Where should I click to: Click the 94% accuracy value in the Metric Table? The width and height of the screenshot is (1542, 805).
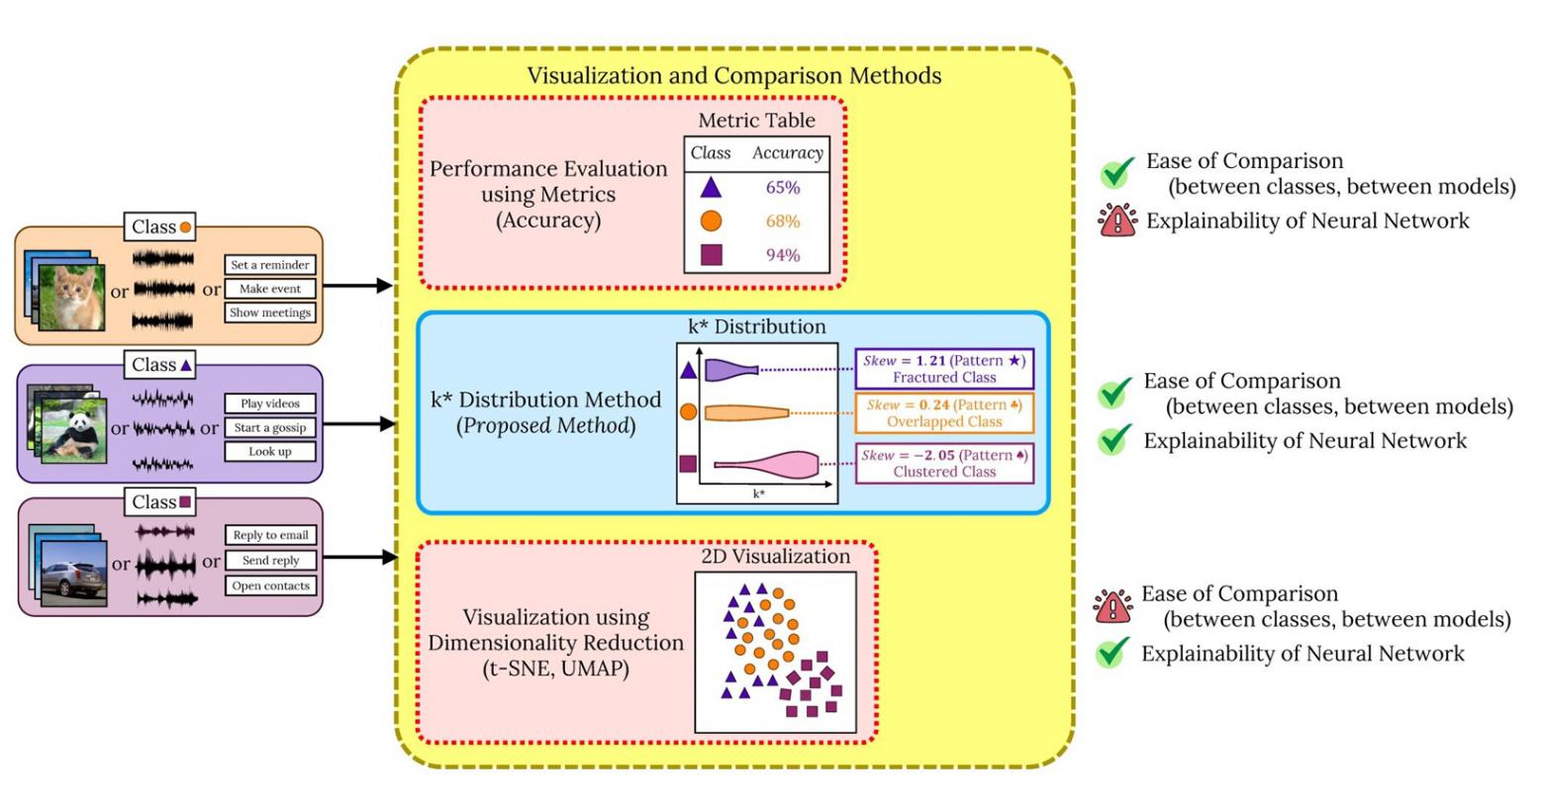(782, 255)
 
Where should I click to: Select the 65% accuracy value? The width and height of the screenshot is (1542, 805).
(782, 187)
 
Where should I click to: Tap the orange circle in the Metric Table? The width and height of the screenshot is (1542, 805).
(711, 221)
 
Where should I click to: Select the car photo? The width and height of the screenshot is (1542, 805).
(74, 571)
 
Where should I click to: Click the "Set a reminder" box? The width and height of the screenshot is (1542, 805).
(270, 265)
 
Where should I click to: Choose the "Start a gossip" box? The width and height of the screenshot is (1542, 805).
(270, 428)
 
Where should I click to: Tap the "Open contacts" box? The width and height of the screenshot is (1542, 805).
(270, 585)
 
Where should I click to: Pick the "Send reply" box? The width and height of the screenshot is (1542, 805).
(270, 561)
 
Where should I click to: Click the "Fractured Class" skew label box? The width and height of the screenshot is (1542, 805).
(944, 369)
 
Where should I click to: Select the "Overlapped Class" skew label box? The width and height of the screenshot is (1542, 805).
(944, 413)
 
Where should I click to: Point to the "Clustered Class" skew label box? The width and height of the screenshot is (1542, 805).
(944, 463)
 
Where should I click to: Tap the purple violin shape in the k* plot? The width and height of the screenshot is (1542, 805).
(730, 370)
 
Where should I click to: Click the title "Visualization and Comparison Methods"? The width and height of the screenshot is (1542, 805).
(733, 76)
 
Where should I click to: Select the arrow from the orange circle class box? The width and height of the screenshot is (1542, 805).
(357, 286)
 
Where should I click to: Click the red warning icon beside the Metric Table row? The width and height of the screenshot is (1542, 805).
(1117, 221)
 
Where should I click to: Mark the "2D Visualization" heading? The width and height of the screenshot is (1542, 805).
(775, 557)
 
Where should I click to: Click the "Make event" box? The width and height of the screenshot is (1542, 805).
(270, 289)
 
